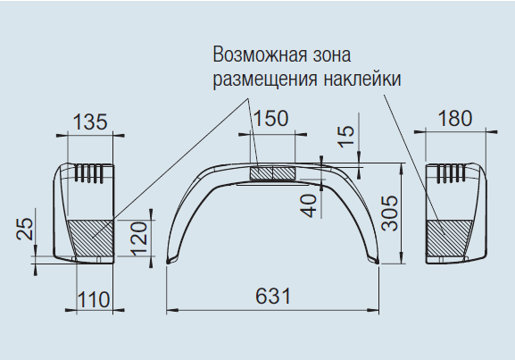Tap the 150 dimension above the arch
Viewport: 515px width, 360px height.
pos(271,119)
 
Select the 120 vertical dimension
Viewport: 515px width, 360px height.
pos(138,239)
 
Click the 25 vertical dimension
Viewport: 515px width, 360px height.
pos(25,229)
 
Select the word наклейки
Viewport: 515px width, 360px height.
pos(361,80)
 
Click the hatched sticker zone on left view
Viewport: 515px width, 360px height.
pos(90,238)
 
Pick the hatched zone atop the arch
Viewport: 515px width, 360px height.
pos(272,172)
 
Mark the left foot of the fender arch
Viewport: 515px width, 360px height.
pos(170,260)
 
